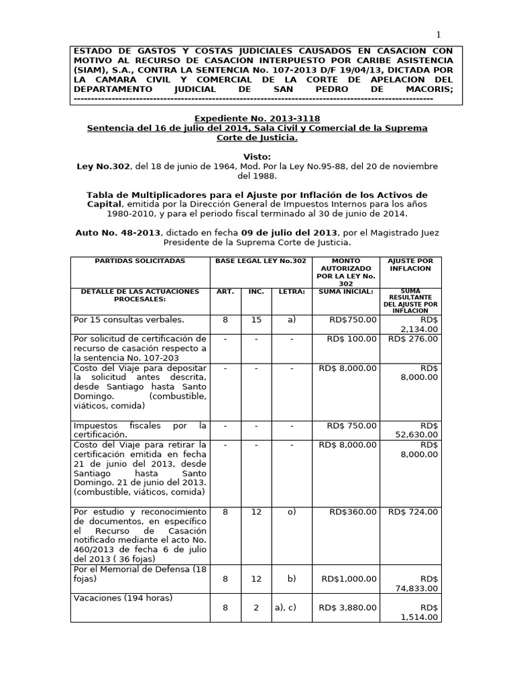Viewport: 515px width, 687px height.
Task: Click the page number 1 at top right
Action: [x=439, y=35]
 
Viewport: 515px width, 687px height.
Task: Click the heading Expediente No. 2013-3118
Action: [x=257, y=117]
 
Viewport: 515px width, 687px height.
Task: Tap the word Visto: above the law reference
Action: [x=257, y=156]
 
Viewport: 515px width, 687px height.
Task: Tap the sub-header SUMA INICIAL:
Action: [x=347, y=292]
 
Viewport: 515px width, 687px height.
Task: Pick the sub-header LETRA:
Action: [x=291, y=292]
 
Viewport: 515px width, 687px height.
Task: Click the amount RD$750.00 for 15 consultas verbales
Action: [x=353, y=320]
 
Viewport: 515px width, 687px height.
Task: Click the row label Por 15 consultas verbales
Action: [x=129, y=320]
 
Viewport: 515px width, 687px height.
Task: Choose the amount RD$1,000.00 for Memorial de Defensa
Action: [x=349, y=578]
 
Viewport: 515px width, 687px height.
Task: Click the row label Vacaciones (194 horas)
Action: [x=123, y=598]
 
